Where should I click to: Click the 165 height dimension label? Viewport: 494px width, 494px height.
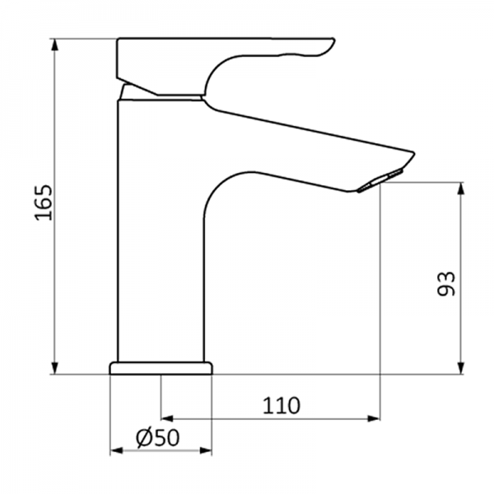[x=43, y=203]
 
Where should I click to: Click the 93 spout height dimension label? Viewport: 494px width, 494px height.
[x=445, y=283]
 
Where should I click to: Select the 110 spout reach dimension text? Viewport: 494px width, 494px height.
[x=282, y=405]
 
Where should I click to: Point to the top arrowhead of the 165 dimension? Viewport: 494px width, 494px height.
[x=55, y=44]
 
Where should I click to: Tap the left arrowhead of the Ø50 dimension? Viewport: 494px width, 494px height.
[x=115, y=450]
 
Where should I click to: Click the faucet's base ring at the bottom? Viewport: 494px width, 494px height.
[x=161, y=367]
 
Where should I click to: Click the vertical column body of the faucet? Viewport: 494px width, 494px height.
[x=161, y=247]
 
